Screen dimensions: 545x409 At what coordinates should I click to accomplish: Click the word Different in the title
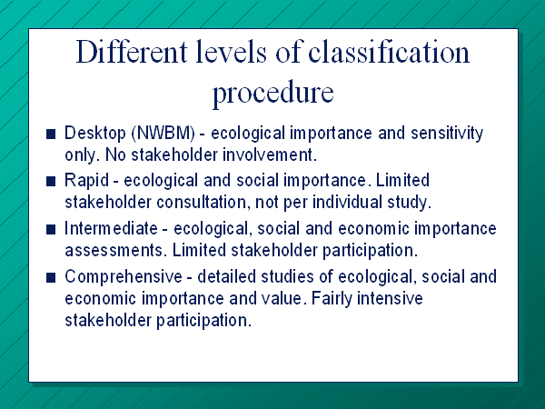tap(132, 52)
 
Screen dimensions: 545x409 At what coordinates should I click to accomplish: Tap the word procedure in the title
tap(272, 93)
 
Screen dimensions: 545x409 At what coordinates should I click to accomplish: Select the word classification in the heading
tap(389, 52)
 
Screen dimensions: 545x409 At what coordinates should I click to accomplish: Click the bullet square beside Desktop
tap(51, 134)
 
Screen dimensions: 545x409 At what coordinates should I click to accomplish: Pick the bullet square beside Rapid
tap(51, 181)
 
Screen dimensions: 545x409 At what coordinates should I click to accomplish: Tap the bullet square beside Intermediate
tap(51, 230)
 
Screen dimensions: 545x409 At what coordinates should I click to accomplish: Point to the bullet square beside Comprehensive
tap(51, 277)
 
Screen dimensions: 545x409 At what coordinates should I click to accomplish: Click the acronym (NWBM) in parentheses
tap(163, 134)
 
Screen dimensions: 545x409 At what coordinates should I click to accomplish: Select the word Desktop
tap(94, 134)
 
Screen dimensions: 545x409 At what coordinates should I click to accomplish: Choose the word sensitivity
tap(447, 134)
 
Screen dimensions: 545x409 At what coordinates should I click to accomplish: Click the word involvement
tap(270, 155)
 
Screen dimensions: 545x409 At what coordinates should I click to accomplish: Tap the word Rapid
tap(86, 181)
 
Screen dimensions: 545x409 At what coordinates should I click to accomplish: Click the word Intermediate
tap(111, 228)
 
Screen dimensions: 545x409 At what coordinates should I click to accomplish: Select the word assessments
tap(114, 251)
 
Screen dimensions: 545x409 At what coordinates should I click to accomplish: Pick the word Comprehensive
tap(124, 277)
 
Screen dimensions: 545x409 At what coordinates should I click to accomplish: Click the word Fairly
tap(332, 299)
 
